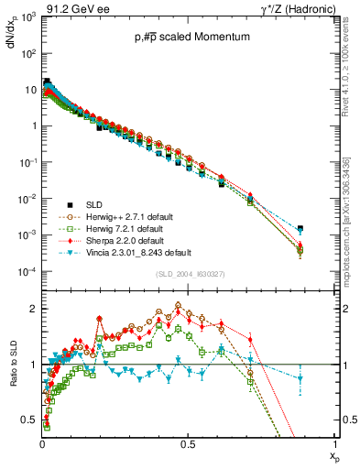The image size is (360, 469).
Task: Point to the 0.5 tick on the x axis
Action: pyautogui.click(x=188, y=443)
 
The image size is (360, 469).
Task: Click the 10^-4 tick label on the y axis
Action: pyautogui.click(x=27, y=272)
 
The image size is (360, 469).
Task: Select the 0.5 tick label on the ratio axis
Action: pyautogui.click(x=29, y=420)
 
